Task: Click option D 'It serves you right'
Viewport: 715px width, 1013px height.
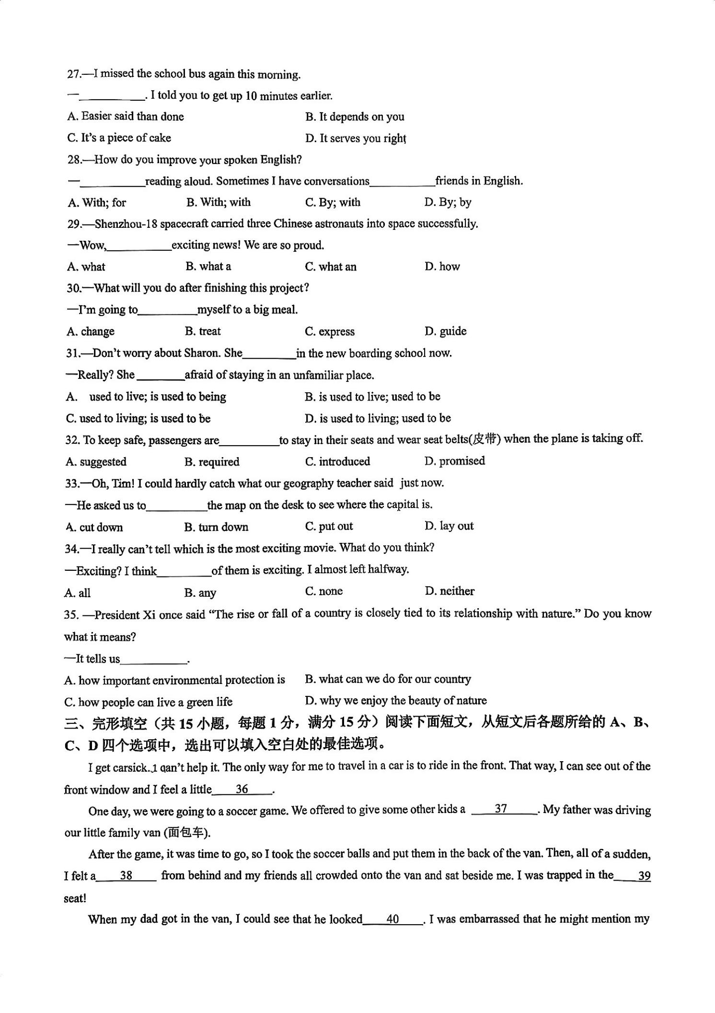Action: click(355, 139)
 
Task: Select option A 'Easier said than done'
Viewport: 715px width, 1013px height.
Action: click(126, 117)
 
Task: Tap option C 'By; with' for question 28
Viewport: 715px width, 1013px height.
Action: click(333, 202)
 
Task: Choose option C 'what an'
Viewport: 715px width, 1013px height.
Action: click(331, 267)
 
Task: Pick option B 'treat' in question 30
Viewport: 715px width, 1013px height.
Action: click(203, 331)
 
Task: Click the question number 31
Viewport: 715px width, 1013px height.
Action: click(73, 353)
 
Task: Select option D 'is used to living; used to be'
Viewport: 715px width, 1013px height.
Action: click(378, 418)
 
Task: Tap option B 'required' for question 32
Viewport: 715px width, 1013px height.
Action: click(212, 462)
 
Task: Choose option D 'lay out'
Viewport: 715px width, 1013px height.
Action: click(449, 526)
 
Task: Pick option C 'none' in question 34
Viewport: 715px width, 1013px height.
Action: click(324, 591)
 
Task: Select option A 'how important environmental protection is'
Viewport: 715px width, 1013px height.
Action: click(175, 680)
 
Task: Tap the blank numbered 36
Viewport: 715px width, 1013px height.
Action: click(242, 789)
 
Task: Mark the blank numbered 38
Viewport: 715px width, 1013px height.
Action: click(126, 875)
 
